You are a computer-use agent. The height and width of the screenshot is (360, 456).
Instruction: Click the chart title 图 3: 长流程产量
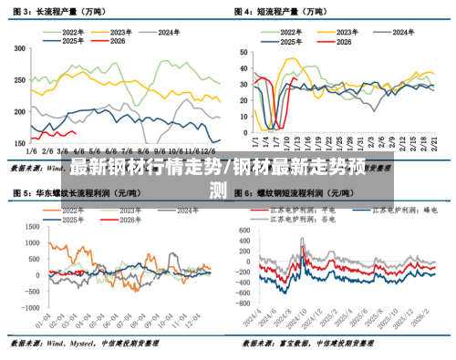coord(55,12)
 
